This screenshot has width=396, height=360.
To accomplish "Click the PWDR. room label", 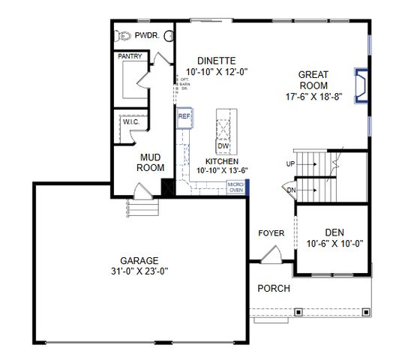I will point(147,35).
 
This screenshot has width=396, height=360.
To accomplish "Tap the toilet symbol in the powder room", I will point(124,35).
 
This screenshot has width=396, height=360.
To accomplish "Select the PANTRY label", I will point(130,56).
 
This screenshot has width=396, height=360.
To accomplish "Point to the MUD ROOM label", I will point(150,162).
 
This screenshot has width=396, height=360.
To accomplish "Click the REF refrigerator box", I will point(184,117).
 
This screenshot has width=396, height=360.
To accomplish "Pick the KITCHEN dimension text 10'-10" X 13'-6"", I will point(222,171).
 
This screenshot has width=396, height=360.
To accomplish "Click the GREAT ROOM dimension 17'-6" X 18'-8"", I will point(313,97).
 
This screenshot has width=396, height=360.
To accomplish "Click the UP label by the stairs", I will point(290,163).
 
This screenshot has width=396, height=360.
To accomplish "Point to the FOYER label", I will point(271,233).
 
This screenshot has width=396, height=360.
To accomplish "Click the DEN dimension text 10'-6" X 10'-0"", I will point(334,244).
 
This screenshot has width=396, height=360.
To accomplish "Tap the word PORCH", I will point(274,289).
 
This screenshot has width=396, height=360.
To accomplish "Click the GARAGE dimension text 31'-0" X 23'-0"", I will point(136,271).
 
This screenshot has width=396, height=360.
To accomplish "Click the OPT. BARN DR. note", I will point(182,84).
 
